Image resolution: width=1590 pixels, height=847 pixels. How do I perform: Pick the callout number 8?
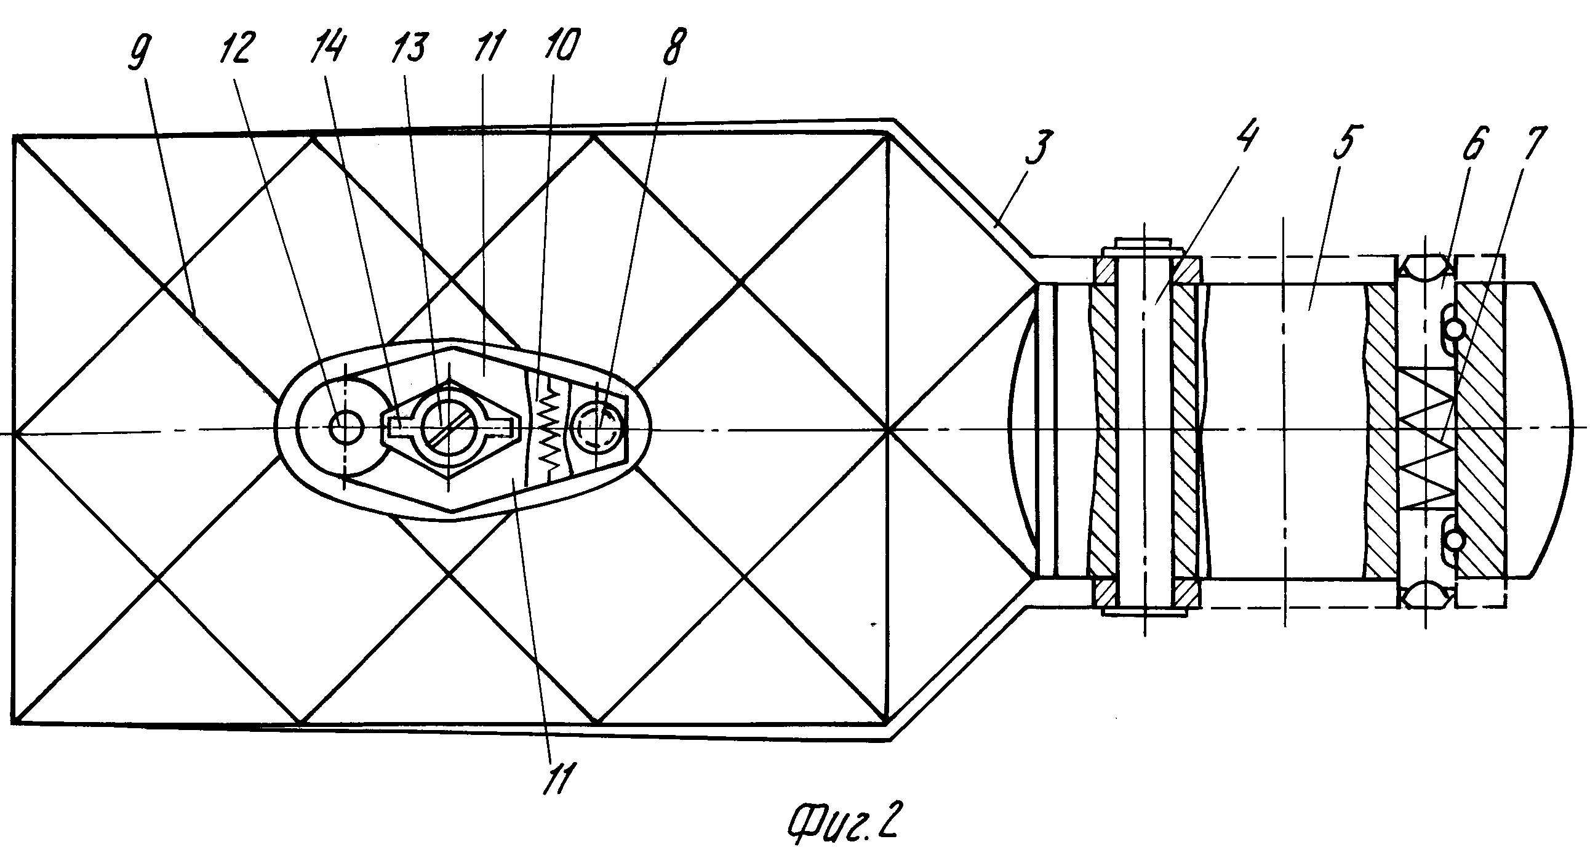[673, 46]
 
